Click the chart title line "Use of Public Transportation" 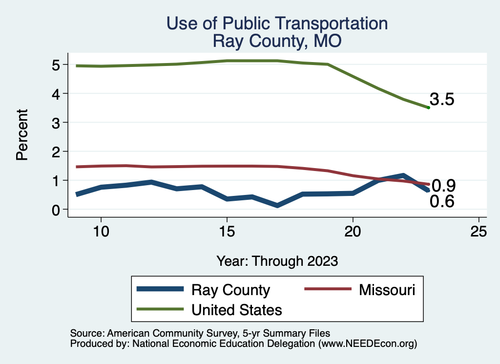click(x=277, y=23)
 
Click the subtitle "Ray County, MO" click(x=277, y=41)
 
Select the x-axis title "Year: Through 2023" click(x=277, y=261)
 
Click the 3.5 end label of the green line click(x=442, y=100)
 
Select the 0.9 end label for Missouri click(x=443, y=186)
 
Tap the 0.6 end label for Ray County click(x=442, y=201)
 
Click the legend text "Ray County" click(x=230, y=290)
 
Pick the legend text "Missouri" click(x=387, y=290)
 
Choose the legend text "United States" click(x=237, y=309)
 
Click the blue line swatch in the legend click(x=161, y=290)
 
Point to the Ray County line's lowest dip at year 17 click(x=277, y=205)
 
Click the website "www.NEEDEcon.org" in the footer click(x=367, y=343)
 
